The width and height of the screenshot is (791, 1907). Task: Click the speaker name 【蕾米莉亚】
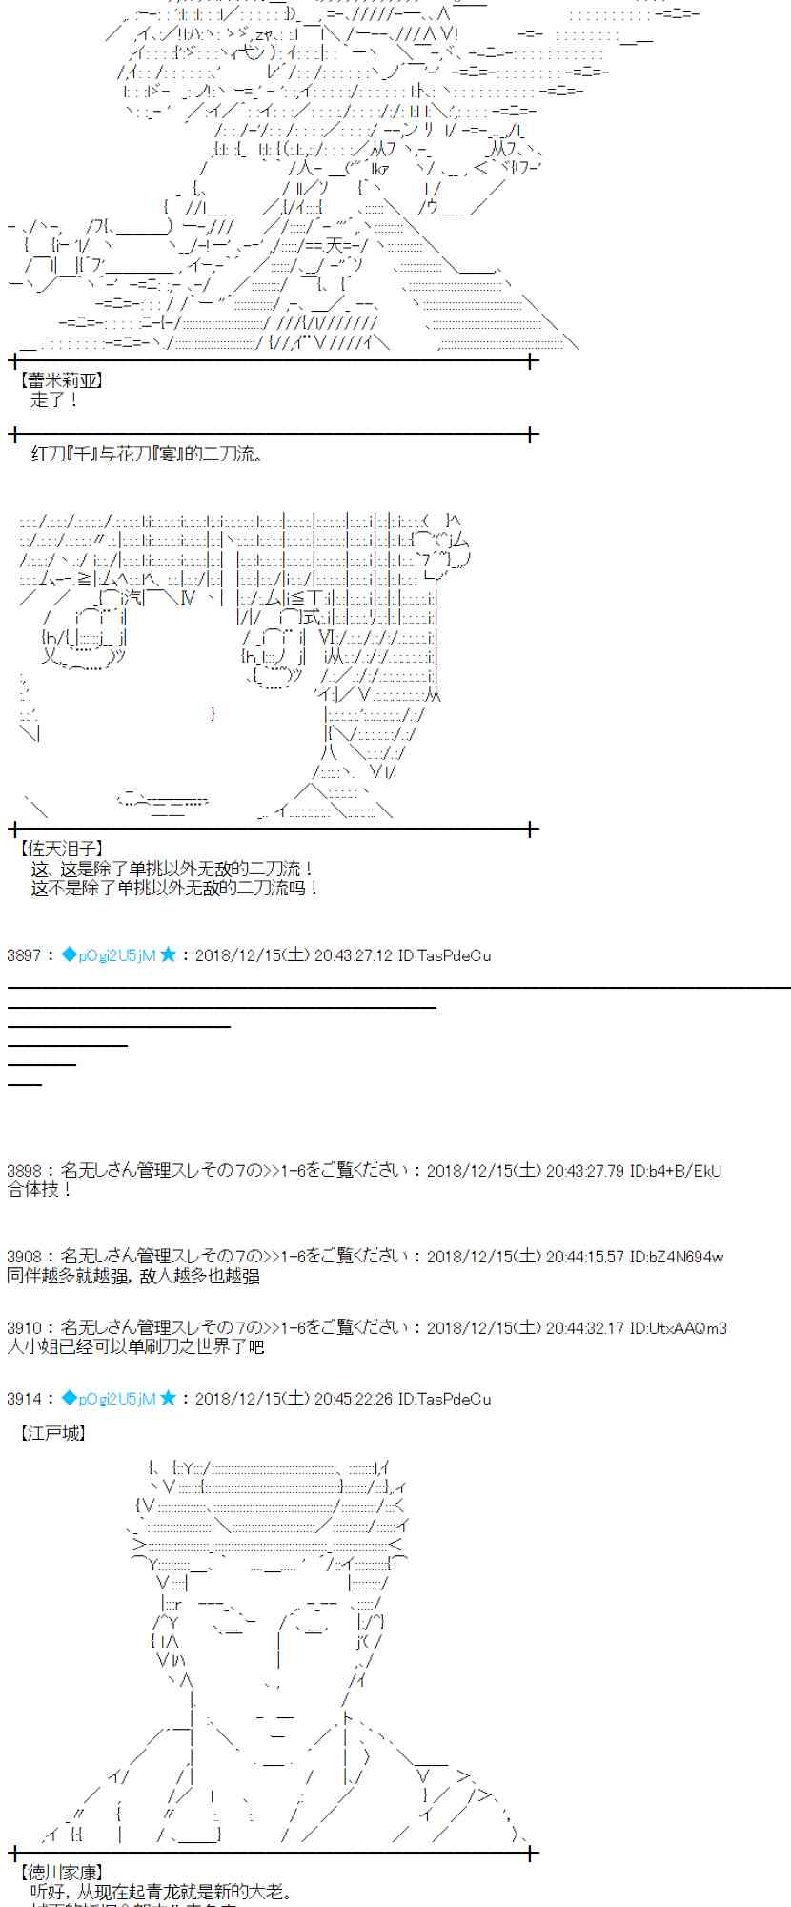[x=60, y=380]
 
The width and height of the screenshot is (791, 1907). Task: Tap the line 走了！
[x=54, y=400]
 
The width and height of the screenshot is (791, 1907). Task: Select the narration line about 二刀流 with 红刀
[x=147, y=454]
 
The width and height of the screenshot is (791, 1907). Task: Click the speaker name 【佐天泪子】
[x=60, y=848]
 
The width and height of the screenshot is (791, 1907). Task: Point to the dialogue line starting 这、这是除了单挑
[x=172, y=868]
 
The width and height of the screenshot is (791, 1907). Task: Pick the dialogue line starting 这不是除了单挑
[x=174, y=888]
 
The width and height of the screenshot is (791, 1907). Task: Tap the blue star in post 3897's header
[x=169, y=954]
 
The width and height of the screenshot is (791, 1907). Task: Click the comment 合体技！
[x=39, y=1189]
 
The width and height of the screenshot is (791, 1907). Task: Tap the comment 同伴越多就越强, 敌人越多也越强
[x=132, y=1276]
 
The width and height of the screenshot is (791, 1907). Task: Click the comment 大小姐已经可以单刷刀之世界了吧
[x=134, y=1346]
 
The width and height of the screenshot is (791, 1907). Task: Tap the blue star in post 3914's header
[x=169, y=1399]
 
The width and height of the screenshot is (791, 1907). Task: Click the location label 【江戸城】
[x=52, y=1432]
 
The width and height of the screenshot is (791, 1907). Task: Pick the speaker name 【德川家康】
[x=60, y=1873]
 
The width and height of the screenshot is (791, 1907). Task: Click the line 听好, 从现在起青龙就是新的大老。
[x=162, y=1892]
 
